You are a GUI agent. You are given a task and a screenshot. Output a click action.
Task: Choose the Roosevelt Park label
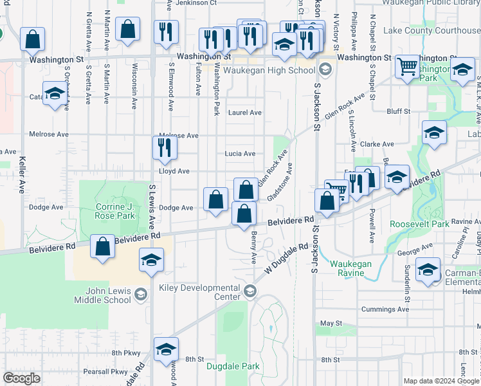pyautogui.click(x=419, y=225)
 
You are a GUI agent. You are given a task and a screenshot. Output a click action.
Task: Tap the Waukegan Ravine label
pyautogui.click(x=352, y=268)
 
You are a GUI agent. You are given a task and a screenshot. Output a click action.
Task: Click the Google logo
pyautogui.click(x=21, y=378)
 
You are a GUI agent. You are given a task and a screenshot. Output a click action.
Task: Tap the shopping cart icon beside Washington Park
pyautogui.click(x=406, y=65)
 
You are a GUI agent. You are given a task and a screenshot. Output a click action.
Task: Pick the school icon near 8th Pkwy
pyautogui.click(x=166, y=349)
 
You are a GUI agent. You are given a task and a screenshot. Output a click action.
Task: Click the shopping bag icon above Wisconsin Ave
pyautogui.click(x=128, y=29)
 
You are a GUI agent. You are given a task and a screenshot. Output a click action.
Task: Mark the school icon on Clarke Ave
pyautogui.click(x=435, y=133)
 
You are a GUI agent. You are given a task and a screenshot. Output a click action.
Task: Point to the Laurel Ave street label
pyautogui.click(x=245, y=113)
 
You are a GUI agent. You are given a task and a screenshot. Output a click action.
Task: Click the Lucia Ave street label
pyautogui.click(x=240, y=154)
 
